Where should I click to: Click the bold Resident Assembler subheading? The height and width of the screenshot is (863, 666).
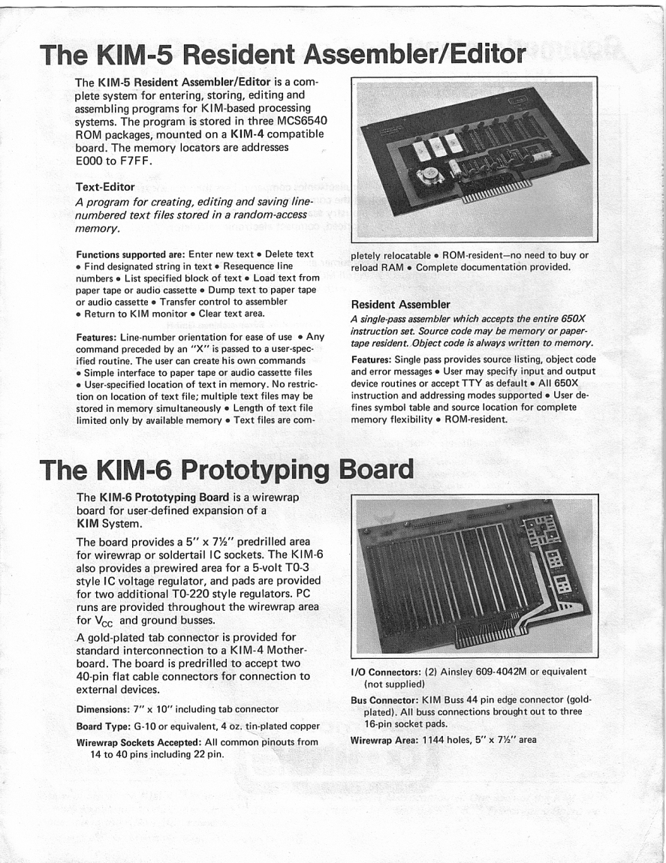[x=400, y=305]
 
